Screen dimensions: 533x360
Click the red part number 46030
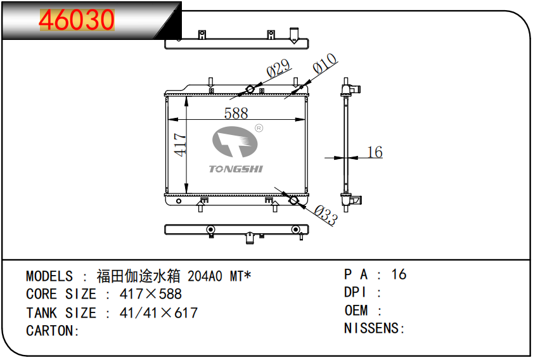point(77,20)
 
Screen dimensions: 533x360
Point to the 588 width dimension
point(236,113)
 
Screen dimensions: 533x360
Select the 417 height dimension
point(180,145)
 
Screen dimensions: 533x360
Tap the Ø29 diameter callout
point(278,68)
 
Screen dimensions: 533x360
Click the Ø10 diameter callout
point(324,63)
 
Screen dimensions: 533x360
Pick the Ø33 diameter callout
point(326,215)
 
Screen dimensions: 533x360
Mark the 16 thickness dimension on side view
point(375,152)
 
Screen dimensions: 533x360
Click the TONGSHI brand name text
point(236,169)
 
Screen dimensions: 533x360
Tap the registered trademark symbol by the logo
point(259,128)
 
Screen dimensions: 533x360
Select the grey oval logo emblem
point(235,142)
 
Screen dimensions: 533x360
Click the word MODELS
point(49,276)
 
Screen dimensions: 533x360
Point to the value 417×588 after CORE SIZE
point(151,294)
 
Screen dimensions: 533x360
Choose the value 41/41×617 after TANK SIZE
point(158,312)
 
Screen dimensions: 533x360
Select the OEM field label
point(356,311)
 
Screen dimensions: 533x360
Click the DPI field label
point(356,292)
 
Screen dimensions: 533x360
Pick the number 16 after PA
point(399,274)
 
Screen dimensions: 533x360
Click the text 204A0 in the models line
point(205,276)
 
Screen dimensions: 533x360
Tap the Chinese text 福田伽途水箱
point(138,276)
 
